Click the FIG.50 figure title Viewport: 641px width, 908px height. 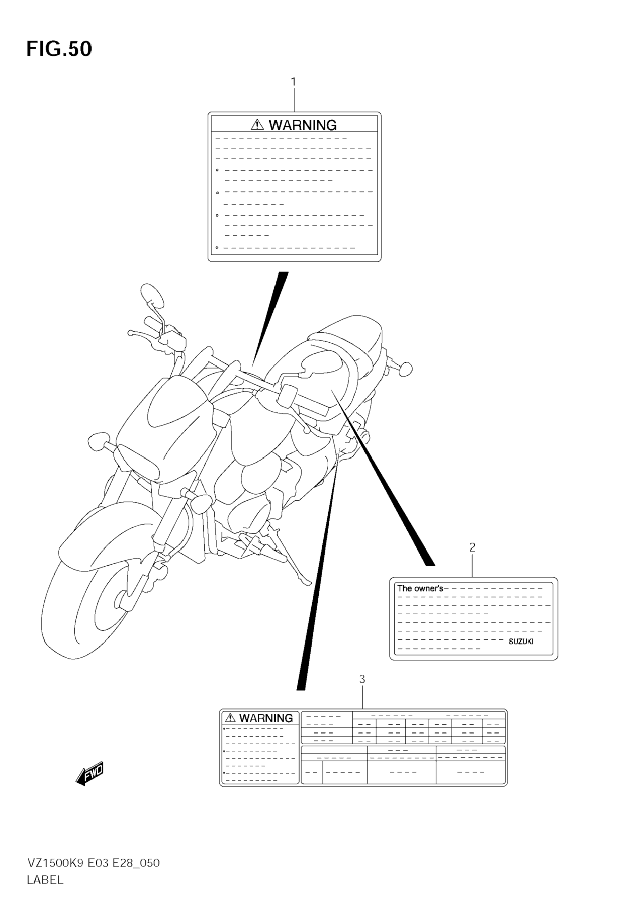[59, 49]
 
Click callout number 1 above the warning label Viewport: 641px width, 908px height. [293, 82]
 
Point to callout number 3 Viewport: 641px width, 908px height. [362, 679]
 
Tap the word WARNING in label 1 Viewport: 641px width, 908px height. [303, 125]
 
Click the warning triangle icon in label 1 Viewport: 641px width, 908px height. [257, 125]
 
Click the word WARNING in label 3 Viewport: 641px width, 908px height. [266, 718]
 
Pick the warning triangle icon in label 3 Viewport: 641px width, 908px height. [230, 718]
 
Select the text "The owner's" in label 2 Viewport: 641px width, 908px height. [420, 588]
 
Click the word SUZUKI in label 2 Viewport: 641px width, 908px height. [521, 642]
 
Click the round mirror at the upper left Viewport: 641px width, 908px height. [152, 295]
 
